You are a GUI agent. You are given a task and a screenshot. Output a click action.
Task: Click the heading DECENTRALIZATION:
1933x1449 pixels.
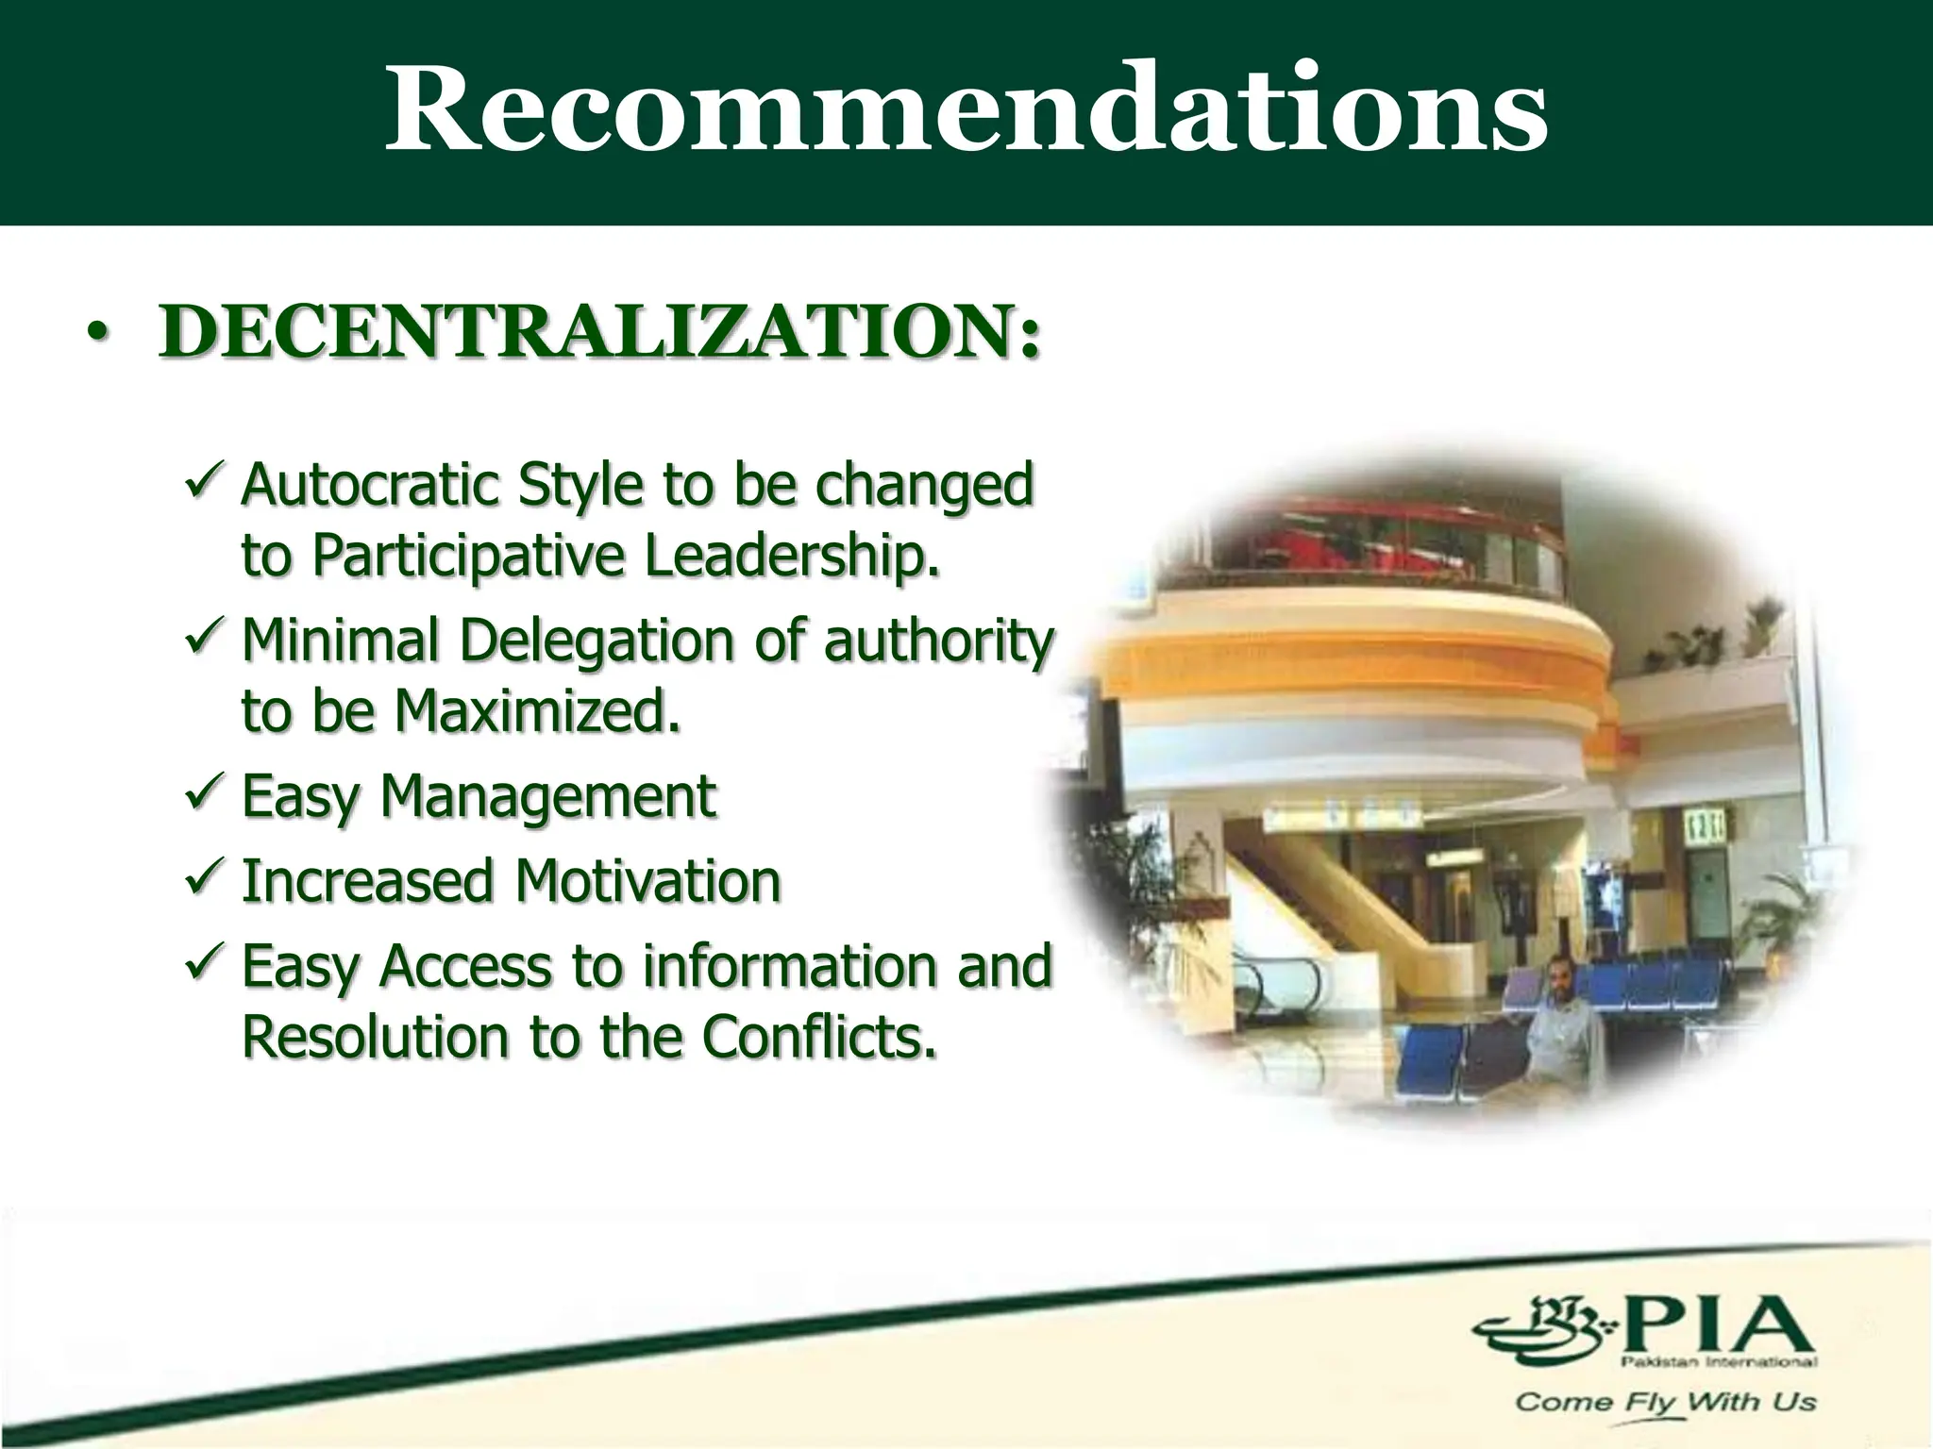(600, 331)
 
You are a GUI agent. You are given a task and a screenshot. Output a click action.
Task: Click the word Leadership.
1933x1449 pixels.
(793, 556)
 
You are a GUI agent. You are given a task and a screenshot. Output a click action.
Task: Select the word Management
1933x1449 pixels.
(547, 798)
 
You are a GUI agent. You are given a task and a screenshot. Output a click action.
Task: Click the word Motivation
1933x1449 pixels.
(647, 881)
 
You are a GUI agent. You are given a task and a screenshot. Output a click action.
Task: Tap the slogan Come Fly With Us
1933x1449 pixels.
(1665, 1402)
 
